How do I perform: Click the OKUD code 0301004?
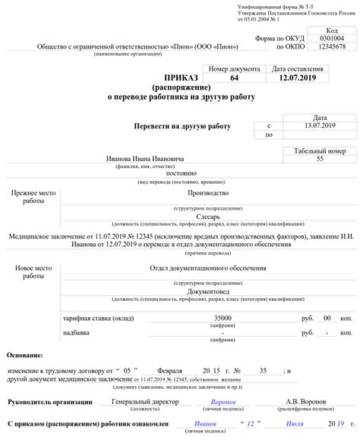[331, 38]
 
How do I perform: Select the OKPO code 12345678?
[331, 47]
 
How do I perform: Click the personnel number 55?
[319, 159]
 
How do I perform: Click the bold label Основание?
[25, 355]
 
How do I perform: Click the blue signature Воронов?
[224, 401]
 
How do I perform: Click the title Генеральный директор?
[141, 401]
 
